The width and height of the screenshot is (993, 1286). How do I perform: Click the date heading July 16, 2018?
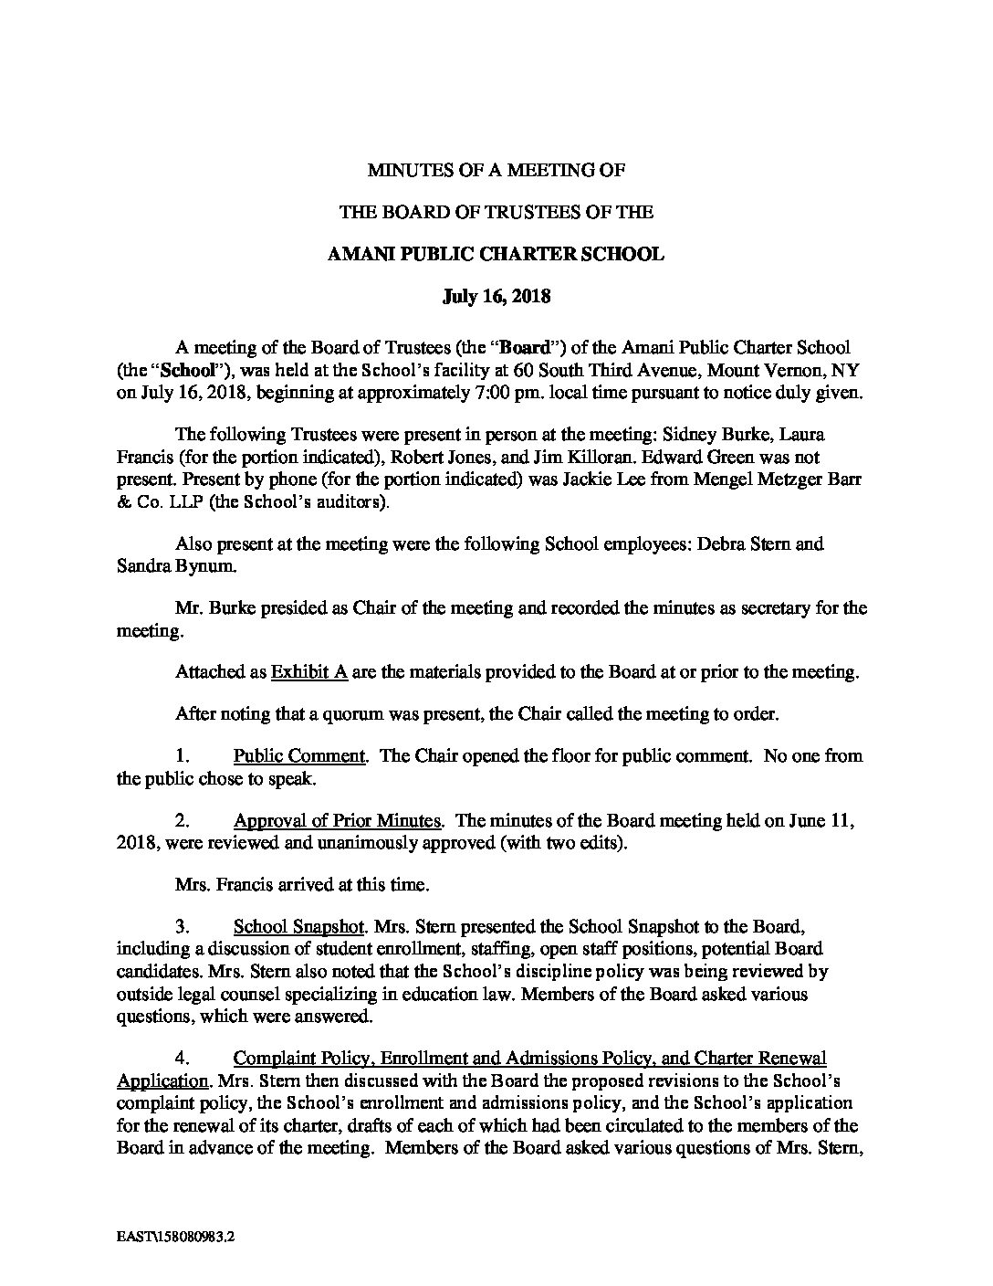point(496,297)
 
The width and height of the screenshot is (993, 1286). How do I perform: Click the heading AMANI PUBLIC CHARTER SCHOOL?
point(496,255)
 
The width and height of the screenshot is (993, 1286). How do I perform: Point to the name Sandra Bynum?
point(168,566)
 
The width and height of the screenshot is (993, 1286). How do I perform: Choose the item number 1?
point(182,756)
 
